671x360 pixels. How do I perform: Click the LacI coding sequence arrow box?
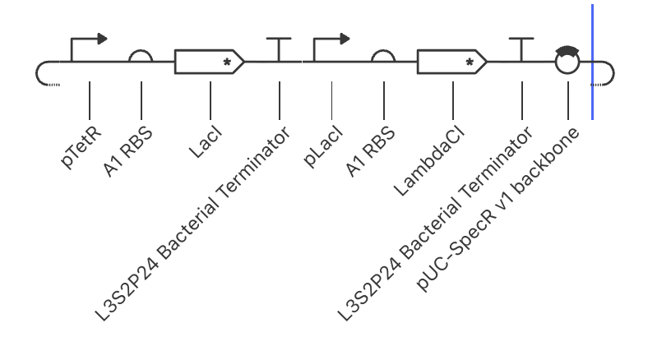(209, 62)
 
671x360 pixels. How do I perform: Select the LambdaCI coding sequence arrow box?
(452, 62)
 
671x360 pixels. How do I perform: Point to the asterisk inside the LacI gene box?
(227, 62)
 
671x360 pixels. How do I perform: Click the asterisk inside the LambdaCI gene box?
(470, 62)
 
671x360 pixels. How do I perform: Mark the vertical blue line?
(592, 62)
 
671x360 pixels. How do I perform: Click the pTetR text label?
(81, 146)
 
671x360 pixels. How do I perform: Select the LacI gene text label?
(206, 142)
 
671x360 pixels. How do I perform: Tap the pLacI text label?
(323, 146)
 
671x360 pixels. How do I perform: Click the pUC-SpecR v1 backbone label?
(497, 209)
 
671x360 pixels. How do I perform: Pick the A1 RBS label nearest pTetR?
(128, 151)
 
